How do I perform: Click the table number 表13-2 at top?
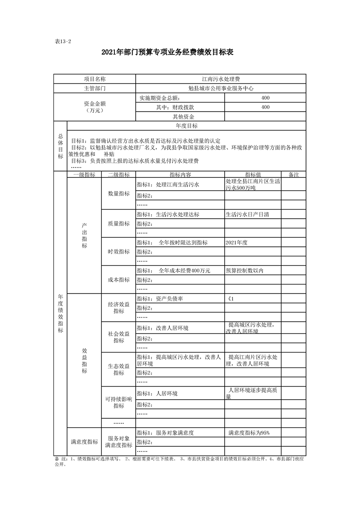pyautogui.click(x=63, y=41)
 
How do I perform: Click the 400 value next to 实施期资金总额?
pyautogui.click(x=266, y=98)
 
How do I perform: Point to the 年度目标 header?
pyautogui.click(x=186, y=126)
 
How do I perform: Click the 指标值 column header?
pyautogui.click(x=253, y=175)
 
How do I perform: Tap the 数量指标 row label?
pyautogui.click(x=118, y=194)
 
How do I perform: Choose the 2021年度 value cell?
pyautogui.click(x=237, y=243)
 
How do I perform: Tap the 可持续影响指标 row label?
pyautogui.click(x=118, y=402)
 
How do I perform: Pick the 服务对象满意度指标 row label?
pyautogui.click(x=118, y=442)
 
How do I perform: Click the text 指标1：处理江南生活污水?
pyautogui.click(x=168, y=185)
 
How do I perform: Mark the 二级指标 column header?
pyautogui.click(x=118, y=175)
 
